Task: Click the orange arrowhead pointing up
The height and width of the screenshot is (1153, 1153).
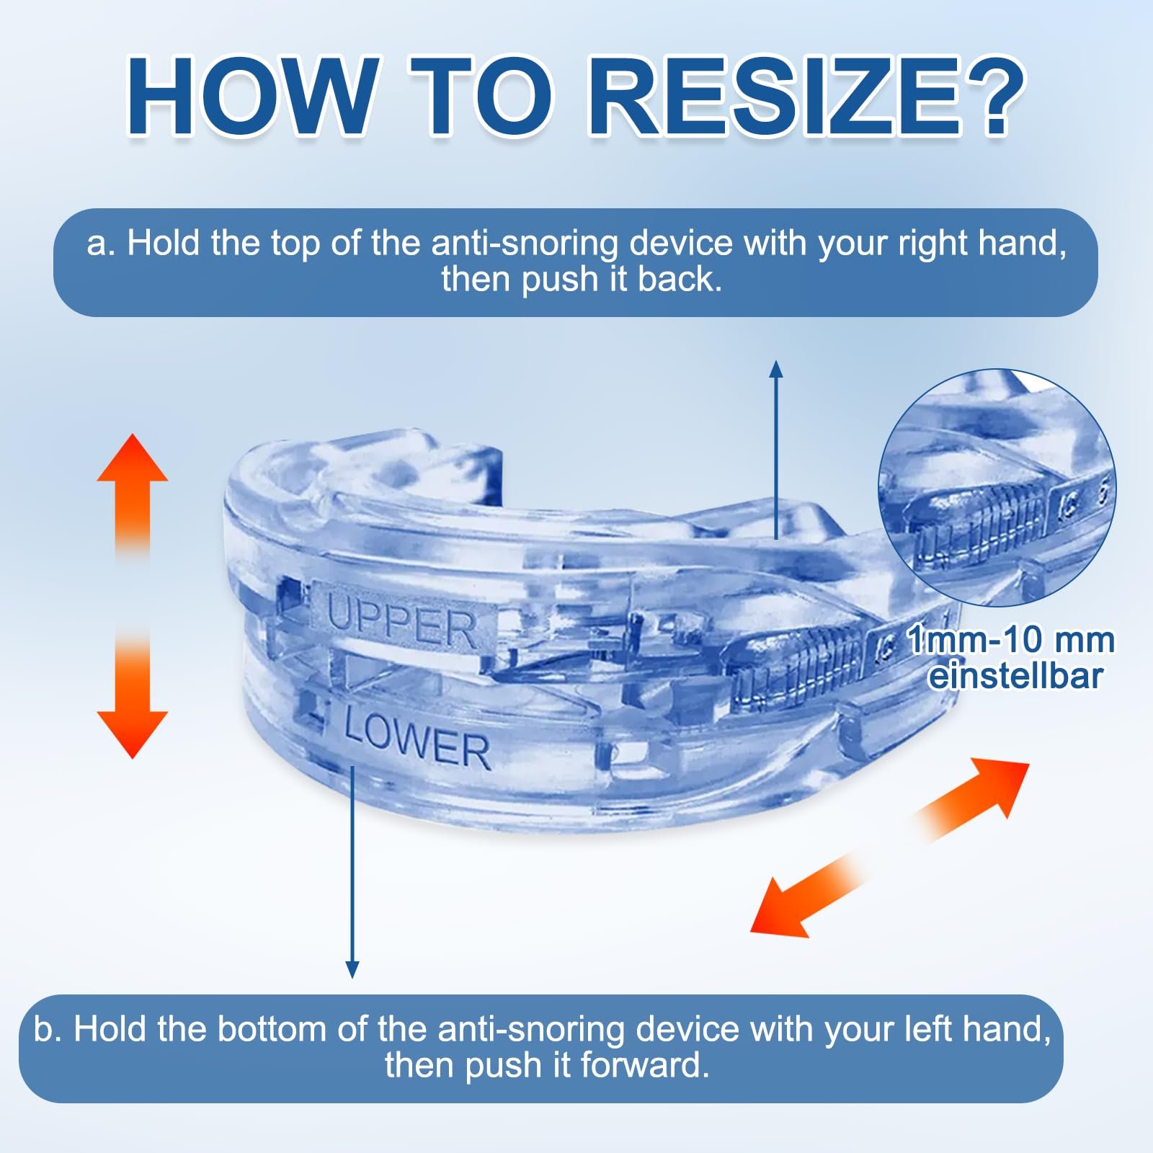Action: click(133, 460)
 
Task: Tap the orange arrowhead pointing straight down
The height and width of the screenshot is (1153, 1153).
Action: click(133, 734)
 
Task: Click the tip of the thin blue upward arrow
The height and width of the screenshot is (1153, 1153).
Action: click(776, 361)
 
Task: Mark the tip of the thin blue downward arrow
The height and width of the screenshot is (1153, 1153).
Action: click(352, 978)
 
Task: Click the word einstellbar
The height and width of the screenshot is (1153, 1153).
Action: click(1016, 677)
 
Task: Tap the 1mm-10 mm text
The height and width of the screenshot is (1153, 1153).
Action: click(1010, 639)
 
